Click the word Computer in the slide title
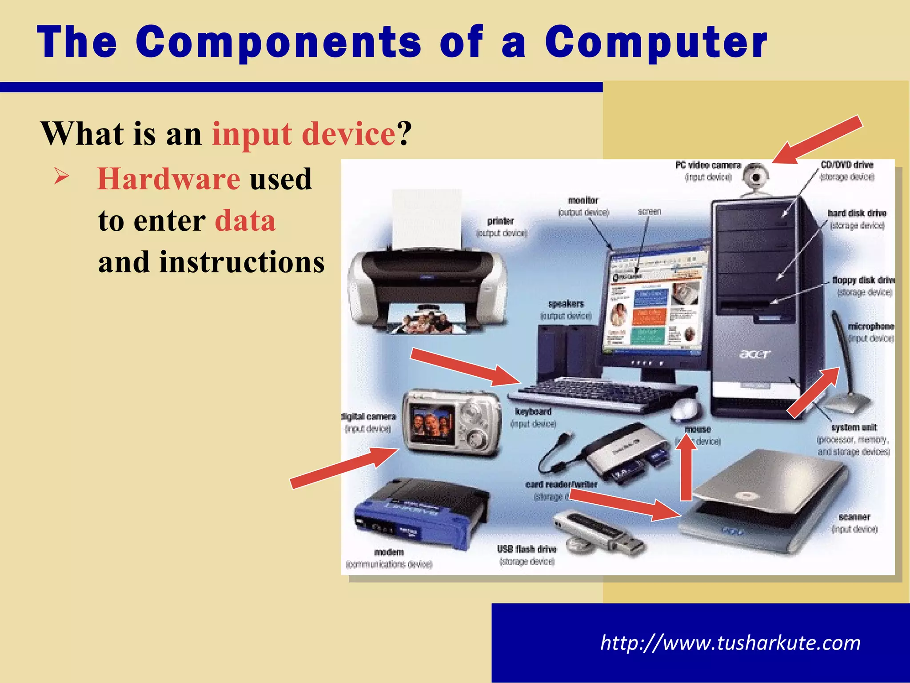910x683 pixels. [656, 43]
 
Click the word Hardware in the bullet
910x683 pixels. [169, 179]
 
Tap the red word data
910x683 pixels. [245, 221]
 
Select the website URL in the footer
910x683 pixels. [730, 643]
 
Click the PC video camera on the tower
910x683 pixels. [755, 178]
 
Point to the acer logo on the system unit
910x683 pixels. [755, 354]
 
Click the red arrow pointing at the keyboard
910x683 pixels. [465, 367]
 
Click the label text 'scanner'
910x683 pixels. [854, 517]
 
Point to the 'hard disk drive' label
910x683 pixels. [857, 213]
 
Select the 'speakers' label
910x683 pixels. [566, 304]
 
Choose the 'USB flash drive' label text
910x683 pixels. [527, 549]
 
